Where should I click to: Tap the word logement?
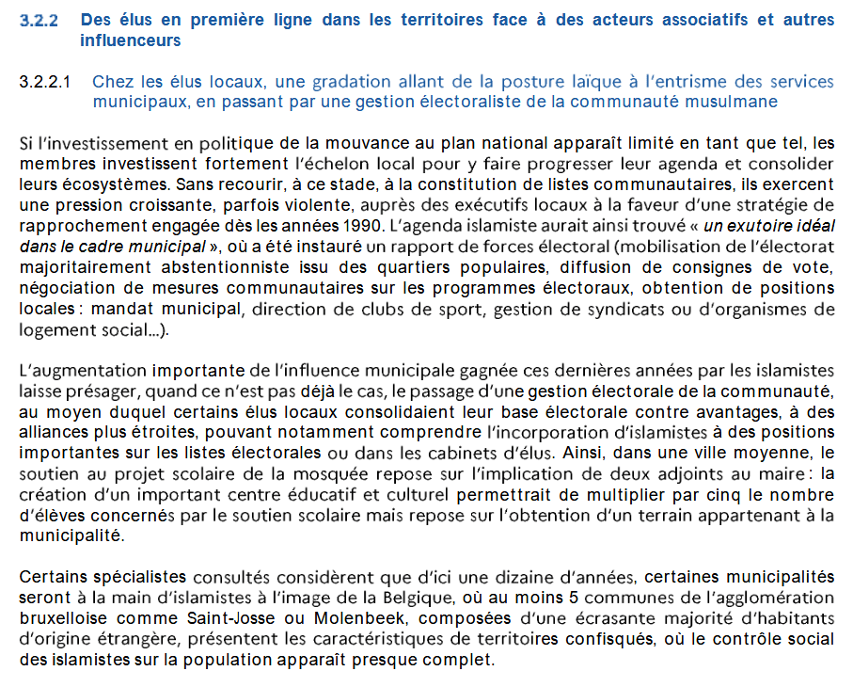click(x=54, y=328)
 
